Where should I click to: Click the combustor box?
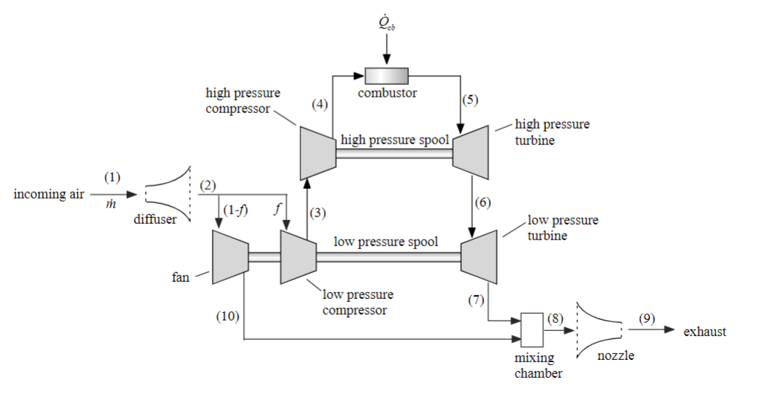[386, 75]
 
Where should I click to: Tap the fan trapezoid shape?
[230, 257]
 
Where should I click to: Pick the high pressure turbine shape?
[471, 152]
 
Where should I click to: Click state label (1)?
[112, 177]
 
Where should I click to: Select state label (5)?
[470, 100]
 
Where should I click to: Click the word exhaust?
[704, 332]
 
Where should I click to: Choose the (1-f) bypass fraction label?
[237, 210]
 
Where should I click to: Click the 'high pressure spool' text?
[393, 140]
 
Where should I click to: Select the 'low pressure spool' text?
[385, 242]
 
